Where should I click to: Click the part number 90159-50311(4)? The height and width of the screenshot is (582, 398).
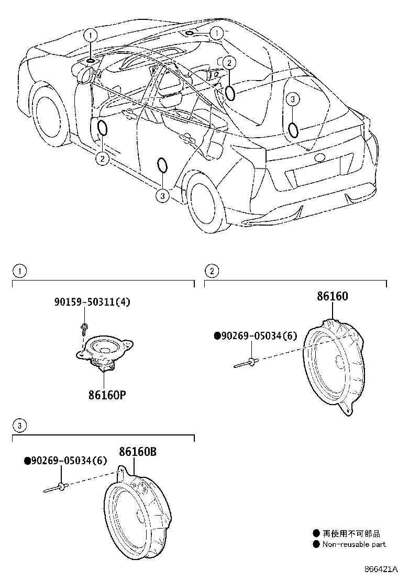pos(92,301)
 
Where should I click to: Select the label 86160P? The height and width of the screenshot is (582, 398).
pos(106,394)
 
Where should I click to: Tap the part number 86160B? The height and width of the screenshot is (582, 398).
pos(137,451)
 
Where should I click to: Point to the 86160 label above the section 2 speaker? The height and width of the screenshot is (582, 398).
pos(332,297)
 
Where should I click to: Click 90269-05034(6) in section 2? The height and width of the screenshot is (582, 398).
pos(255,336)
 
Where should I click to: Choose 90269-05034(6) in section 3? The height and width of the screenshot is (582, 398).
pos(65,461)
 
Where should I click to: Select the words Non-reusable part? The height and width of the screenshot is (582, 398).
pos(353,544)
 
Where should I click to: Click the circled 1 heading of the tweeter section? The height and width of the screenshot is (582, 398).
pos(19,271)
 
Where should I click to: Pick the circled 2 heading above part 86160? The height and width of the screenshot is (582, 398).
pos(212,271)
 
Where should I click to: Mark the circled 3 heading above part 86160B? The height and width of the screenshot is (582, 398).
pos(19,426)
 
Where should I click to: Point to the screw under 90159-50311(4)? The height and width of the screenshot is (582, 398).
pos(84,328)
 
